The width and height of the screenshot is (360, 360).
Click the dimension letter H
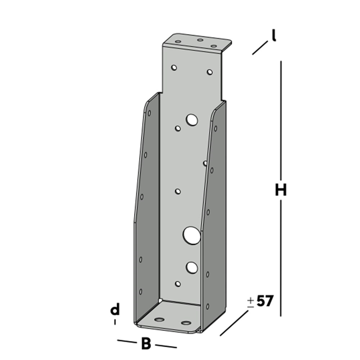click(280, 190)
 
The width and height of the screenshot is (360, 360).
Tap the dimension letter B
click(145, 343)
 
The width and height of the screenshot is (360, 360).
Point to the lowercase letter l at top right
click(274, 36)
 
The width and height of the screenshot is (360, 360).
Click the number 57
click(264, 301)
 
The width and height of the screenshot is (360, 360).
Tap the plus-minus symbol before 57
click(250, 302)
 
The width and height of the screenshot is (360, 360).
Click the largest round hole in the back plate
click(192, 235)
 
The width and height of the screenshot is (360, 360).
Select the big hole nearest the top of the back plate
click(192, 119)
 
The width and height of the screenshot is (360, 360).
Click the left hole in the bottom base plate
click(160, 320)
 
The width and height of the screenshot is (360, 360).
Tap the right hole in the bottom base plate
click(185, 322)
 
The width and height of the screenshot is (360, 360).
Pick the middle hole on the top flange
click(199, 40)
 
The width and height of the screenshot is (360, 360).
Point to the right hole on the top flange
click(213, 46)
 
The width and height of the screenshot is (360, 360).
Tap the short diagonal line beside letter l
click(260, 48)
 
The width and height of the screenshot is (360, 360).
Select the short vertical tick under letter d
click(115, 322)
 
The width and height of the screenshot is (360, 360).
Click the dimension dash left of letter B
click(125, 341)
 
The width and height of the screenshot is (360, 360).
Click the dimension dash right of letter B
click(166, 346)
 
